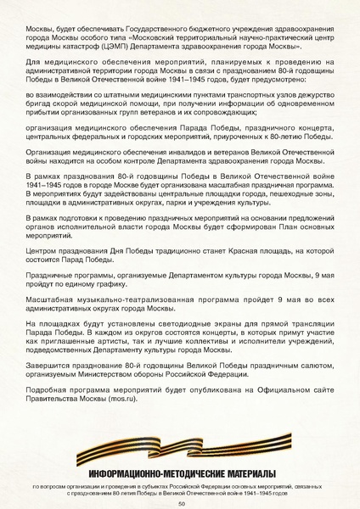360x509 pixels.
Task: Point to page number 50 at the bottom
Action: tap(181, 502)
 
